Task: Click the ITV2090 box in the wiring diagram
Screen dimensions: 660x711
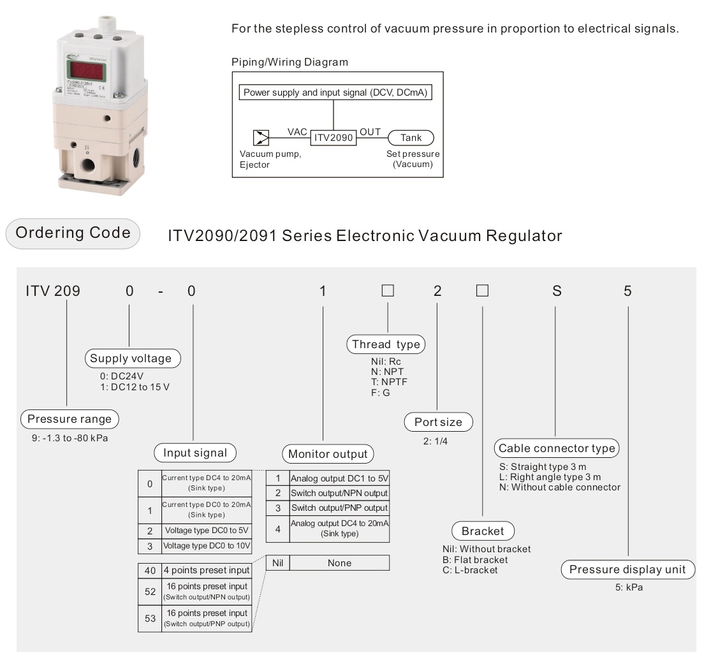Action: pyautogui.click(x=333, y=138)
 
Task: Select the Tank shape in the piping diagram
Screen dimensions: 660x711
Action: pyautogui.click(x=411, y=138)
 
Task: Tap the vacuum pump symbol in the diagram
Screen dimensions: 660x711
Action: pyautogui.click(x=261, y=138)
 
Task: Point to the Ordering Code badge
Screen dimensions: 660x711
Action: pyautogui.click(x=73, y=233)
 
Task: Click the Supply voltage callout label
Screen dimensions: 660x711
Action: pyautogui.click(x=131, y=358)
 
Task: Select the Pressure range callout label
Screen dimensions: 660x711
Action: pyautogui.click(x=69, y=419)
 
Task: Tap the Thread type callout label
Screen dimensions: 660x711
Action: pyautogui.click(x=386, y=344)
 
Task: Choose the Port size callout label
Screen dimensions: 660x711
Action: pyautogui.click(x=438, y=422)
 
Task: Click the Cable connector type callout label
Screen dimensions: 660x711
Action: pyautogui.click(x=557, y=448)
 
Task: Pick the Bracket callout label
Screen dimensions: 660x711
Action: pyautogui.click(x=483, y=531)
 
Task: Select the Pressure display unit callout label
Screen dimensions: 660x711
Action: pyautogui.click(x=627, y=569)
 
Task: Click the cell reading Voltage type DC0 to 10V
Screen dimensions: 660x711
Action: pyautogui.click(x=207, y=546)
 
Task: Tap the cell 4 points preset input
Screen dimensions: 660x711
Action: pyautogui.click(x=207, y=569)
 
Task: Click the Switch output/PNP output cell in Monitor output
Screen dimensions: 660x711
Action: pyautogui.click(x=339, y=508)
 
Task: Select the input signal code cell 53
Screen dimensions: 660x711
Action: pyautogui.click(x=150, y=618)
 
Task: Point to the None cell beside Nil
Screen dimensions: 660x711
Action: pyautogui.click(x=339, y=563)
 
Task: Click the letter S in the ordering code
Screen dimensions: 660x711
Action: pyautogui.click(x=557, y=291)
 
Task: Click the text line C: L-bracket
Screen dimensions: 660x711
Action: pyautogui.click(x=470, y=570)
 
